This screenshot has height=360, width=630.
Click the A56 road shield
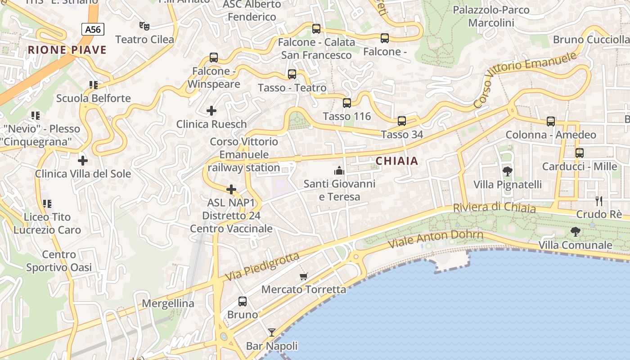(93, 29)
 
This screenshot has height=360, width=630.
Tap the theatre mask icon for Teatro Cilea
(144, 26)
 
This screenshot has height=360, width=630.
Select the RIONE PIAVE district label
(67, 50)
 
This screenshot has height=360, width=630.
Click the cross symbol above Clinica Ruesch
(211, 110)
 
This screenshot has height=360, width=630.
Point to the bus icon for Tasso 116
(346, 103)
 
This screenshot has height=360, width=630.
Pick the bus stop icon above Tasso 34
(401, 121)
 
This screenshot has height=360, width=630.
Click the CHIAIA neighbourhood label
(396, 161)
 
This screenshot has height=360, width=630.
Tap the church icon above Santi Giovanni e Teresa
(339, 171)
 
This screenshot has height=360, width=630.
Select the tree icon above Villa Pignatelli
(507, 171)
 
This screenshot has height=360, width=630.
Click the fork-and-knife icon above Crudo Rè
(598, 201)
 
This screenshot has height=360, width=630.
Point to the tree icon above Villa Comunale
(575, 232)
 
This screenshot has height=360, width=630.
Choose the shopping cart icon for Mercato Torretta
(304, 276)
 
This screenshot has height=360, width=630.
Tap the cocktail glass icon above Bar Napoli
(272, 333)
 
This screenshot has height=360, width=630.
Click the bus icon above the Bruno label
(243, 301)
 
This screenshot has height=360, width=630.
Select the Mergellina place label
(168, 303)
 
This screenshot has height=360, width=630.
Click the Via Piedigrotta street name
(262, 266)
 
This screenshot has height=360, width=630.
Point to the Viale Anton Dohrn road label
(436, 238)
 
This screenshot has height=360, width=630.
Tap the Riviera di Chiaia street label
(494, 208)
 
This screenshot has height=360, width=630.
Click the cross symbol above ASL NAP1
(231, 189)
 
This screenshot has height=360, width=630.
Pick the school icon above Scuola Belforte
(93, 85)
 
